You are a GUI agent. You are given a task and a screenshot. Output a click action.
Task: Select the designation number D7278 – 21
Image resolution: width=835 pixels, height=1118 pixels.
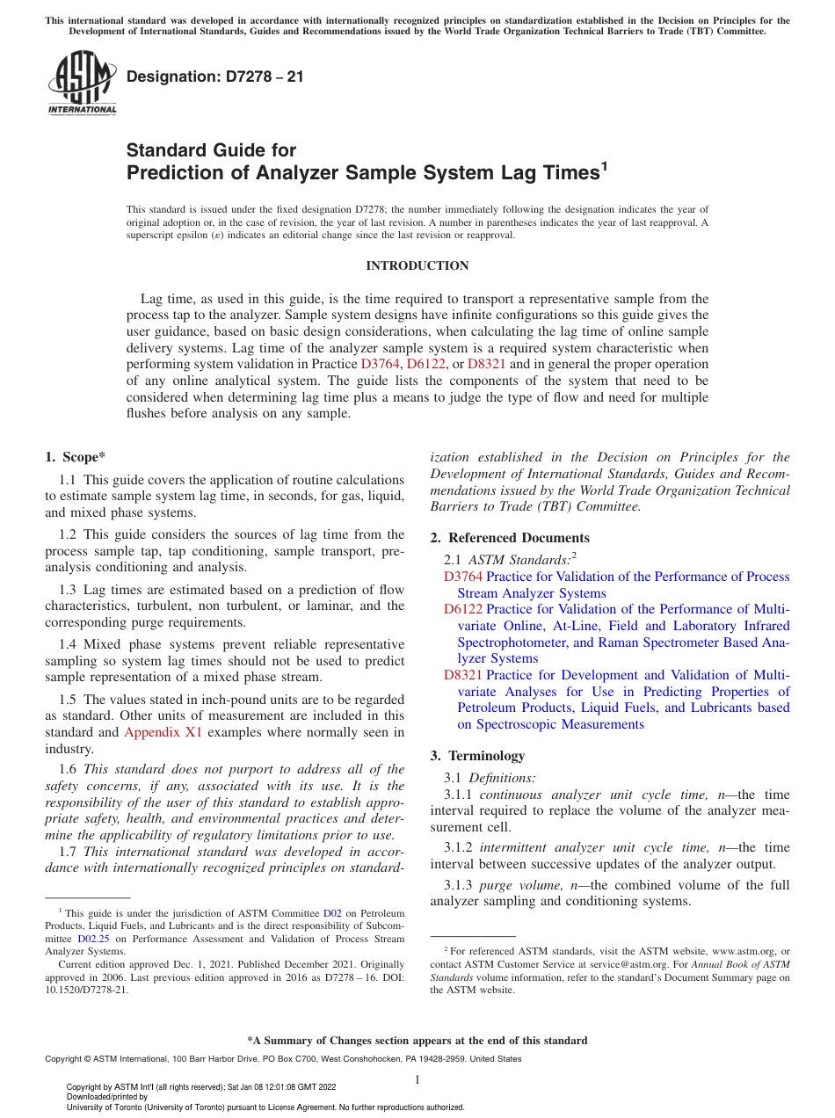pos(215,76)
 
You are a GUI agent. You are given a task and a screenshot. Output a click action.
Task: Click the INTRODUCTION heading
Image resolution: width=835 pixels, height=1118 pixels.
pos(417,265)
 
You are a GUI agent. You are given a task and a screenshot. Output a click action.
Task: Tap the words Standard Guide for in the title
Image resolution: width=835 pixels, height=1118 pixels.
pos(211,150)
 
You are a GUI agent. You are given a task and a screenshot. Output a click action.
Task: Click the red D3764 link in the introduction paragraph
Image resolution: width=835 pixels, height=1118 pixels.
pos(379,364)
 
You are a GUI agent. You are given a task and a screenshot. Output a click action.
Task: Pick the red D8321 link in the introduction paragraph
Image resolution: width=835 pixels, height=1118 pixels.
pos(486,364)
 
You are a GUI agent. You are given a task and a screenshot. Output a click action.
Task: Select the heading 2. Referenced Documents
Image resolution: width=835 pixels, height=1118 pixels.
pos(510,538)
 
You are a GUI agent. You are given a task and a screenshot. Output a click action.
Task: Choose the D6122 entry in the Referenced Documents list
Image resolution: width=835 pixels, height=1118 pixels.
pos(462,609)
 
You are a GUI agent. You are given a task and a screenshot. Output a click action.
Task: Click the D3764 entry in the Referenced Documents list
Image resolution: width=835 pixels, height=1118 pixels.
pos(462,577)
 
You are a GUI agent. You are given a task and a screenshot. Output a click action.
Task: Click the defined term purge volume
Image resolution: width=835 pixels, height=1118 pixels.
pos(501,885)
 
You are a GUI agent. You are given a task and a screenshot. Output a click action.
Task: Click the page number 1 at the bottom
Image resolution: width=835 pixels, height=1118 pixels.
pos(417,1079)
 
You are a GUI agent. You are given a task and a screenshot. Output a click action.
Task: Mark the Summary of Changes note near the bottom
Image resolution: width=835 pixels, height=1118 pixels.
pos(417,1041)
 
